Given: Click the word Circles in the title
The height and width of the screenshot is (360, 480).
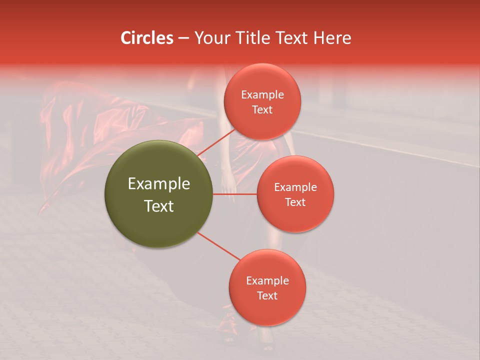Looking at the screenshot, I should coord(147,38).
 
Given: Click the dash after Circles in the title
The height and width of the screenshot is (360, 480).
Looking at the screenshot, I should coord(183,38).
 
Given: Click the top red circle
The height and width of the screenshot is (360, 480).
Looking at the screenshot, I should coord(262,101).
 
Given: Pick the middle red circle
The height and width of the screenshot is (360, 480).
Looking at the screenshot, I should coord(295,194).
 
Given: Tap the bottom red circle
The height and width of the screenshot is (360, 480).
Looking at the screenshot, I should coord(267,287).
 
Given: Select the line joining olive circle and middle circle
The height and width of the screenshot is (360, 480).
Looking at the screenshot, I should coord(235,194).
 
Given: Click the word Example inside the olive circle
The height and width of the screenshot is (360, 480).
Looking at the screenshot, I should coord(159,184).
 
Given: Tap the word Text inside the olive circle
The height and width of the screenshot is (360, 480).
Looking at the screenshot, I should coord(159,206).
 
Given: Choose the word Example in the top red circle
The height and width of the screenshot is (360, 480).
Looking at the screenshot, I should coord(262,95).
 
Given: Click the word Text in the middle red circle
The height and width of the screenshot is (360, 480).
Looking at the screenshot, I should coord(295,202).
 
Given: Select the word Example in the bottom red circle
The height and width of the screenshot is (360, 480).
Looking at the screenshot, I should coord(267,281).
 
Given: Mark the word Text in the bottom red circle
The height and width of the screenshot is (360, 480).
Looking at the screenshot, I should coord(267,295).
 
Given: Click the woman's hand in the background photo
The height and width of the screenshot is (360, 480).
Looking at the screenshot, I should coord(229,187).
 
